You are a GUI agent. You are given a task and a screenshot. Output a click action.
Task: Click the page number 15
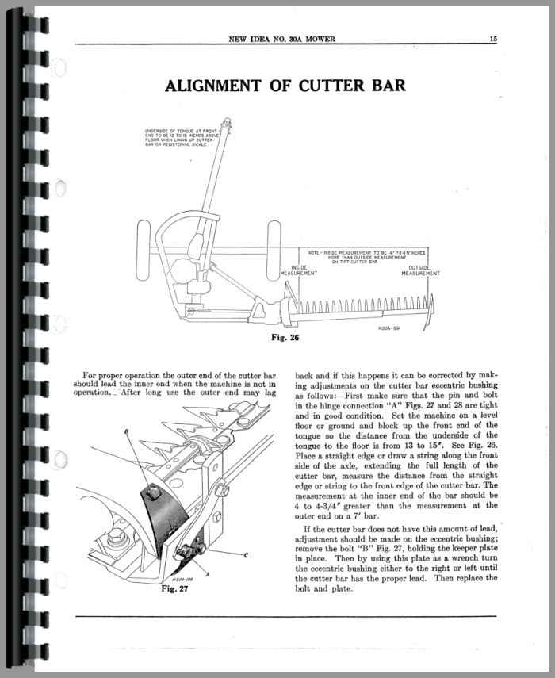click(x=493, y=37)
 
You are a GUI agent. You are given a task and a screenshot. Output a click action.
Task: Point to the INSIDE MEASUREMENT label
click(x=299, y=270)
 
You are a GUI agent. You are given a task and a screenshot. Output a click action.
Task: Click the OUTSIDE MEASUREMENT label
click(x=419, y=270)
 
